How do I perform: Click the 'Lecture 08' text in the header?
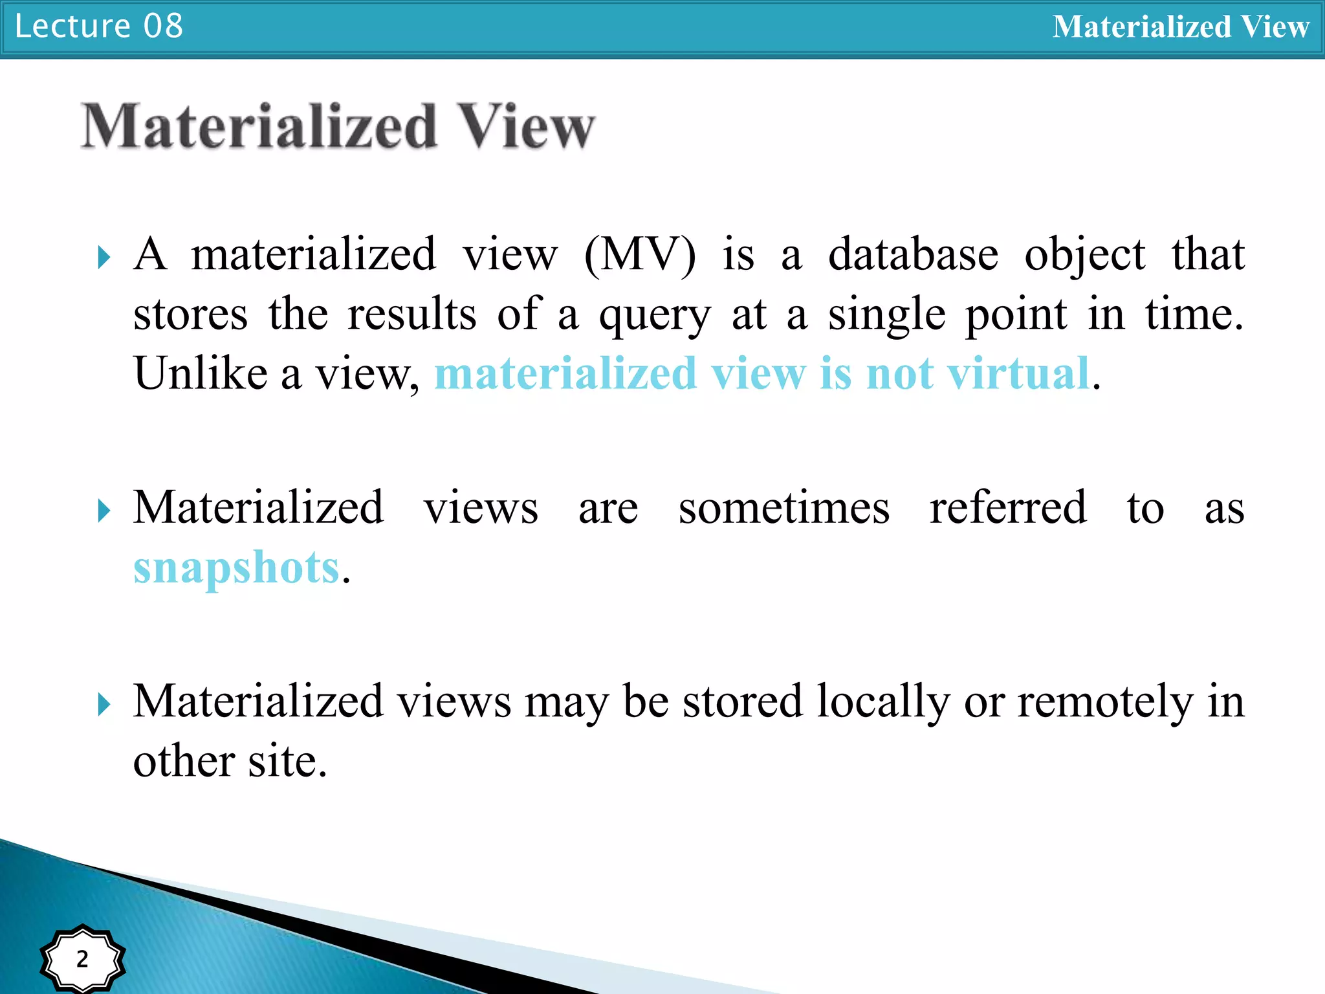[99, 27]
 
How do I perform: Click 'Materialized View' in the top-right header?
[1180, 27]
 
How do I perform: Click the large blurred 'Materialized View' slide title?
[338, 126]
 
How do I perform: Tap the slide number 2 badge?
[82, 958]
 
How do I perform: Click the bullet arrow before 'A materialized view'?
[104, 258]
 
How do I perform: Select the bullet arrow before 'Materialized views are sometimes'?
[104, 511]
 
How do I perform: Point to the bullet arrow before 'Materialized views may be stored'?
[104, 705]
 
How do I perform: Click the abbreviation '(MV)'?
[640, 254]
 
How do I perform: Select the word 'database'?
[913, 254]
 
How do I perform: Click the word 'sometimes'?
[784, 507]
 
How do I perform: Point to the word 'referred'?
[1008, 507]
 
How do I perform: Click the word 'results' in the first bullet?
[412, 314]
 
